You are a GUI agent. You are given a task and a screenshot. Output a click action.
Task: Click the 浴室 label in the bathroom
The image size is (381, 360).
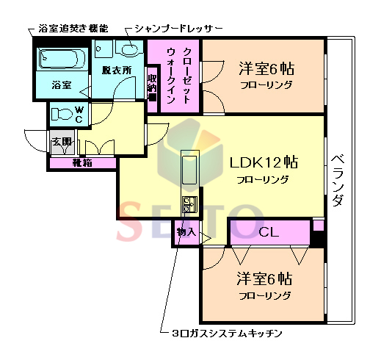(61, 84)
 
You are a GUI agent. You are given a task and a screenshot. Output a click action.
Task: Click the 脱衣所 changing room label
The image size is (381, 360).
(116, 71)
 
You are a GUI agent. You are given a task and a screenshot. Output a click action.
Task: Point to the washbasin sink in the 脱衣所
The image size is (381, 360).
(129, 50)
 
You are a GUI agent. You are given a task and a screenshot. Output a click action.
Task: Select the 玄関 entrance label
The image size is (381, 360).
(61, 142)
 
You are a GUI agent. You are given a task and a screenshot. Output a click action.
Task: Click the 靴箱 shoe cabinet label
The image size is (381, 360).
(81, 162)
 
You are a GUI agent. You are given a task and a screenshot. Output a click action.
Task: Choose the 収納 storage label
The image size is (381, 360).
(152, 84)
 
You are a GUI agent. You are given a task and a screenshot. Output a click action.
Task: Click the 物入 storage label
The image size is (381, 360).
(186, 232)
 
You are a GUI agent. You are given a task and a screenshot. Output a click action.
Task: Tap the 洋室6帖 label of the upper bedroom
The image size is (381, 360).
(266, 69)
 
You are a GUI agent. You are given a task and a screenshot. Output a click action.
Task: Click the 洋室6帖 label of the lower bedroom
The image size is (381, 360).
(264, 280)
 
